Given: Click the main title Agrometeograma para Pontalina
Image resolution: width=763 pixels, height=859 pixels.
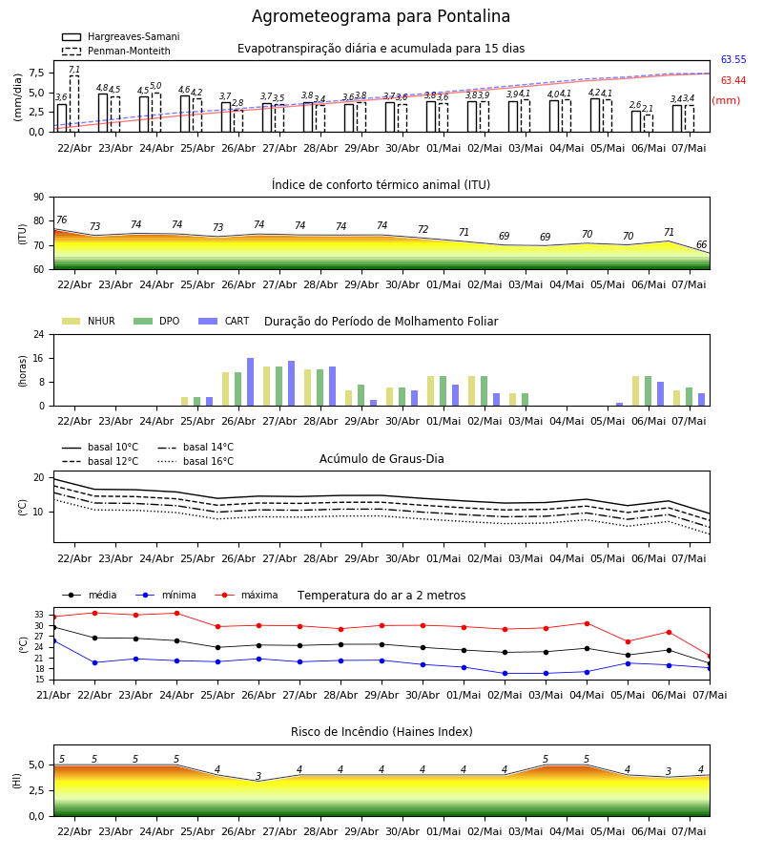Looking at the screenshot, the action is click(x=381, y=16).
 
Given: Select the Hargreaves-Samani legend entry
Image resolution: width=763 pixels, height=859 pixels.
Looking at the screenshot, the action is click(x=121, y=36).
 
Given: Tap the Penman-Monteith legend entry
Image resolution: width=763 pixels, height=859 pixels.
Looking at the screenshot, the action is click(x=116, y=51).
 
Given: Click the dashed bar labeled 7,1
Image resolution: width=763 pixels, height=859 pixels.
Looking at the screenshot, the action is click(x=74, y=103).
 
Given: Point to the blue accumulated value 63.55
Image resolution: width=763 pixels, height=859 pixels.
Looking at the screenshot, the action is click(x=733, y=60).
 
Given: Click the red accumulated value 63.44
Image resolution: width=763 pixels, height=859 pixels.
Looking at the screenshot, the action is click(x=733, y=80).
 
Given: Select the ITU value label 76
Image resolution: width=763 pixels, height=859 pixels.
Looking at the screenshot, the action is click(x=61, y=220).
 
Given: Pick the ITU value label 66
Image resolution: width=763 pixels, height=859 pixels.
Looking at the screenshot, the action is click(x=701, y=244).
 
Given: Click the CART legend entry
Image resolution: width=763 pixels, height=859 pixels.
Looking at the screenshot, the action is click(x=224, y=321).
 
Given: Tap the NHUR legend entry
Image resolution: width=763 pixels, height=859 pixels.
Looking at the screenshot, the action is click(x=89, y=321).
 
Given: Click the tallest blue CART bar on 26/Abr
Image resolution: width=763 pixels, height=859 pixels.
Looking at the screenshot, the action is click(x=250, y=382).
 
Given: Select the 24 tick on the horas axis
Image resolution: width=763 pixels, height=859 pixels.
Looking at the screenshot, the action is click(x=39, y=335).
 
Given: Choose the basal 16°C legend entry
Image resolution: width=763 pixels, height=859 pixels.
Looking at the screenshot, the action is click(x=196, y=461).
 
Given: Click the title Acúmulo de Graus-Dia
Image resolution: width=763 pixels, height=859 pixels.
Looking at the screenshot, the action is click(x=381, y=458).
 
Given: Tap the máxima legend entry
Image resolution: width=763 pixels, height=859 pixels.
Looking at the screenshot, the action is click(x=246, y=595).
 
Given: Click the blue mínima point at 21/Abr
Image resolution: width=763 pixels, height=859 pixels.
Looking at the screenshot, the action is click(x=53, y=640).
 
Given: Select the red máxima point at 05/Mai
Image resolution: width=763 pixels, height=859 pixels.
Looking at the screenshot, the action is click(x=628, y=641).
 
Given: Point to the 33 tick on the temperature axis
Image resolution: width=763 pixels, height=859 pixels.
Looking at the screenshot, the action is click(x=39, y=616).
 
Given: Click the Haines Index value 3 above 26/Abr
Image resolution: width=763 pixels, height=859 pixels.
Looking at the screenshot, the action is click(x=258, y=776).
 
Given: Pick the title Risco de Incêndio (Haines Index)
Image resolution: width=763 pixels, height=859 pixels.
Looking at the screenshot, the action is click(x=381, y=732).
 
